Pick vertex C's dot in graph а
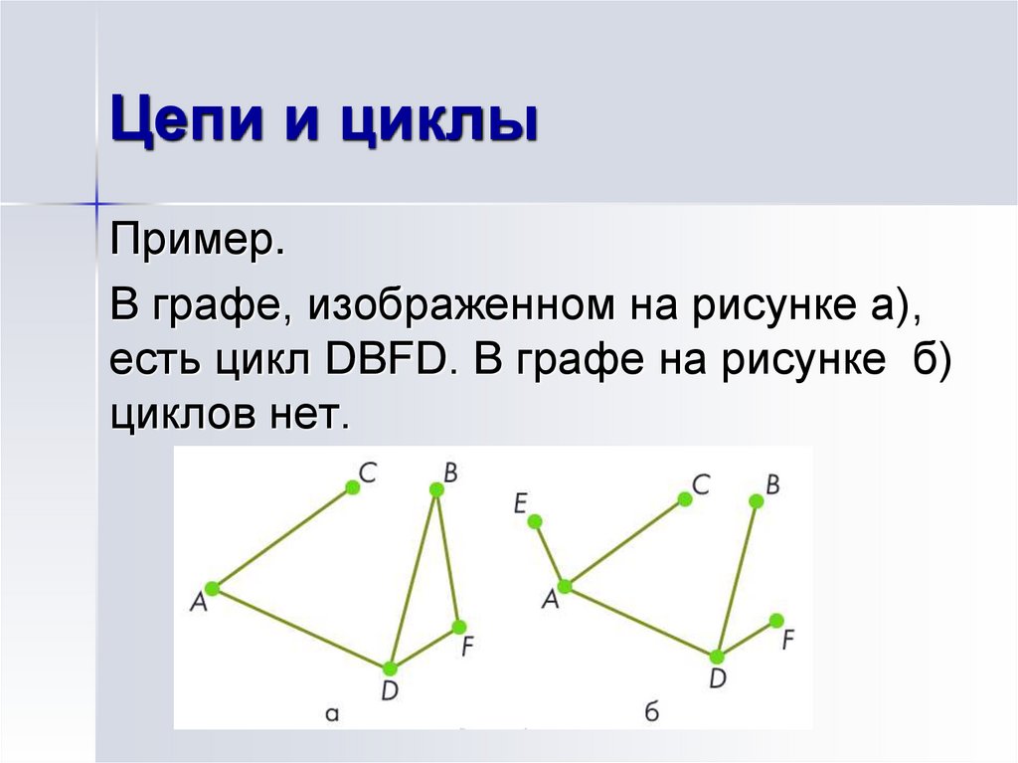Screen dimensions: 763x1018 point(352,486)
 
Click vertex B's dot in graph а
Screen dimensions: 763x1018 point(435,488)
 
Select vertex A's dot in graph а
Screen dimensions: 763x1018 point(211,589)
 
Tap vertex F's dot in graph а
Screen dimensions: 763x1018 point(458,627)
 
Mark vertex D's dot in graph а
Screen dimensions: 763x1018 point(390,668)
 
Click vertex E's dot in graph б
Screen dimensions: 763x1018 point(535,520)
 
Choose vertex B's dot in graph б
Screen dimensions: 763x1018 point(756,501)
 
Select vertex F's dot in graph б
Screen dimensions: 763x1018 point(775,620)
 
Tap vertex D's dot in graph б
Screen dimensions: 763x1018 point(717,656)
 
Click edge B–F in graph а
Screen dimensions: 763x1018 point(447,557)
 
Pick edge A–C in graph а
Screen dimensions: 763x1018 point(281,537)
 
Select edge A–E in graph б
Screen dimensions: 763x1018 point(550,553)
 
